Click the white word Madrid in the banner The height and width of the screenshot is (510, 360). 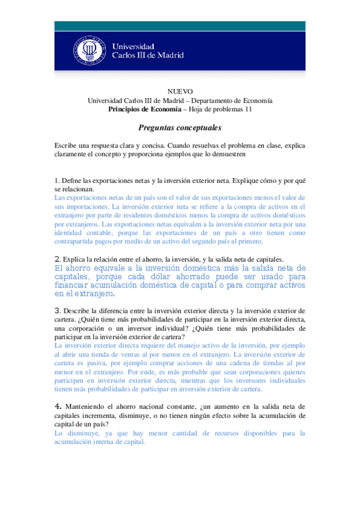[170, 55]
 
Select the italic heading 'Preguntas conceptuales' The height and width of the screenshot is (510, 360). [180, 128]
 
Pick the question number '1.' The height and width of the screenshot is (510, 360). [56, 180]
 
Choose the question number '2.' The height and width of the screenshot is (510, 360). [57, 259]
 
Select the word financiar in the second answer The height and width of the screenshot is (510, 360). [73, 285]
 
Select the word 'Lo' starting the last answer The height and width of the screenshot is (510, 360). [58, 432]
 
